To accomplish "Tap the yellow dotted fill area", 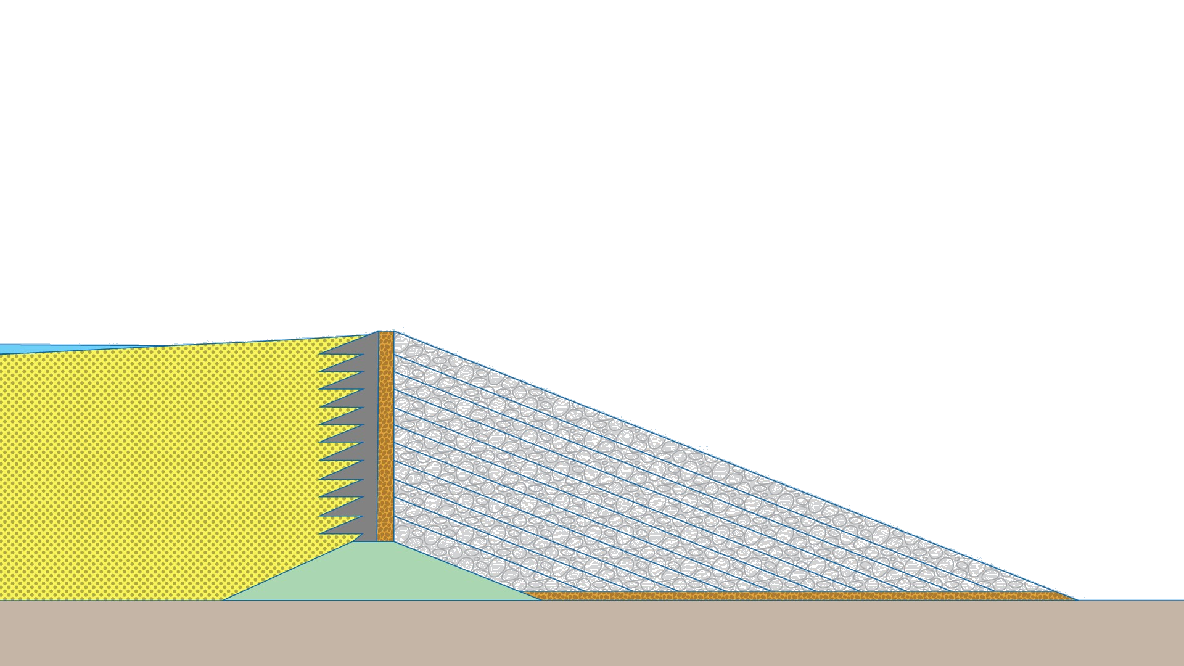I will point(154,469).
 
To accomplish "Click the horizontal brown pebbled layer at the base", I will point(802,596).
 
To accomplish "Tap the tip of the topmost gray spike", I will point(320,355).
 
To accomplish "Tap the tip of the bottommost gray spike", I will point(320,532).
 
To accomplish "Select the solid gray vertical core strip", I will point(370,438).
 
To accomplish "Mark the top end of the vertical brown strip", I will point(386,332).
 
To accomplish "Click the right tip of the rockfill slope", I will point(1076,599).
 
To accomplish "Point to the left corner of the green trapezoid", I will point(224,599).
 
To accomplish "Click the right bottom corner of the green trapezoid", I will point(540,599).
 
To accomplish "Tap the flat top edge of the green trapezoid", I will point(376,543).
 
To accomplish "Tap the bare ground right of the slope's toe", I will point(1128,607).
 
